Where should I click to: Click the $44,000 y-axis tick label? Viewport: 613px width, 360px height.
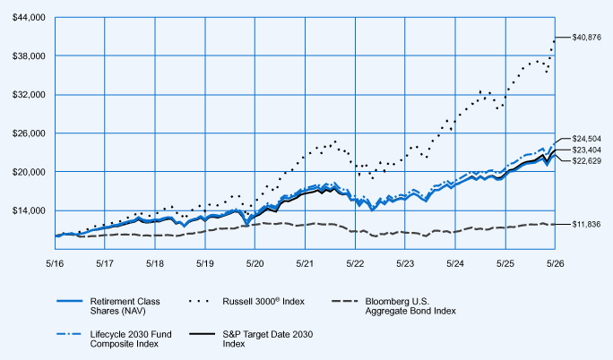point(29,18)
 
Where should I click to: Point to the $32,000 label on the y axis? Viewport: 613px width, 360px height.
point(29,95)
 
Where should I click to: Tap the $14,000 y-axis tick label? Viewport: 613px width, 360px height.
point(29,210)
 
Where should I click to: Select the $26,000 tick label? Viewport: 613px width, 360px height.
point(29,133)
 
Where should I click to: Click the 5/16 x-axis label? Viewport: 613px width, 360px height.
point(55,264)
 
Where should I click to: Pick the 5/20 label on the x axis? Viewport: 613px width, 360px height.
point(255,264)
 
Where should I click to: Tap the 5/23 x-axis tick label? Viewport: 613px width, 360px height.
point(405,264)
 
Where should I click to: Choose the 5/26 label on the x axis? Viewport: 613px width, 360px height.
point(555,264)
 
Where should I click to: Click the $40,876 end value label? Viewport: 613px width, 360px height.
point(586,38)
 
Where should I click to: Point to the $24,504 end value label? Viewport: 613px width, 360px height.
point(586,139)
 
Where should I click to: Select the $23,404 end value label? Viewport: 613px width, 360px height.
point(586,150)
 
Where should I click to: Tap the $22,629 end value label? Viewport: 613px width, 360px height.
point(586,161)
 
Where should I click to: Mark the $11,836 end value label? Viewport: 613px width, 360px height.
point(586,225)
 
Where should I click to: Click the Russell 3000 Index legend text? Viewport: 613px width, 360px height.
point(263,301)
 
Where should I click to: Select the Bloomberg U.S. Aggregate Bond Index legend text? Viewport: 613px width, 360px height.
point(410,306)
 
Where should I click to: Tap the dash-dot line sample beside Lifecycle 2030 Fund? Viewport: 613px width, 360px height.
point(69,334)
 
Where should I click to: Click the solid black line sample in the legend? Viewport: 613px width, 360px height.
point(202,334)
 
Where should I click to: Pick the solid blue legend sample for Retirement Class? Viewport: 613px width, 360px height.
point(69,301)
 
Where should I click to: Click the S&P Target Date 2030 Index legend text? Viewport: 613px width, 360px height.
point(268,339)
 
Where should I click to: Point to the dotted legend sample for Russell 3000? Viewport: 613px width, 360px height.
point(199,301)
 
